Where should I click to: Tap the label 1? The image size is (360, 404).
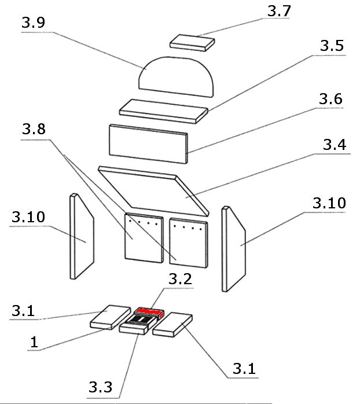click(34, 343)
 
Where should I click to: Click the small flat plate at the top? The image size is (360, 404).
click(192, 42)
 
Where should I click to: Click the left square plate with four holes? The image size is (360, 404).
click(142, 237)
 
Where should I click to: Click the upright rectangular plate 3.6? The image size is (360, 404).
click(148, 143)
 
